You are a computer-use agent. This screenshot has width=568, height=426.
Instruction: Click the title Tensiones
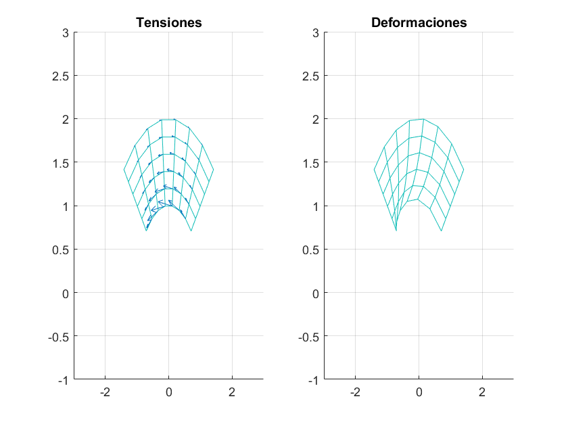pos(168,22)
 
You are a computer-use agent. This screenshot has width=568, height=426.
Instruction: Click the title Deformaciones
pos(419,22)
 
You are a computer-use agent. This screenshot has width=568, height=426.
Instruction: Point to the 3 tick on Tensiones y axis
pos(66,32)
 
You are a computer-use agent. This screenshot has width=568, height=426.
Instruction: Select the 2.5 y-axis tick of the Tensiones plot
pos(61,76)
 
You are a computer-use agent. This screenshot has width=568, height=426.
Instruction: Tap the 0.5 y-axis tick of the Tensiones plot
pos(61,250)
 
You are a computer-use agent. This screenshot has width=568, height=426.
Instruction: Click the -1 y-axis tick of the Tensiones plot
pos(64,380)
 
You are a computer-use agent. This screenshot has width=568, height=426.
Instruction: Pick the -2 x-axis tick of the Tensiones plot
pos(105,392)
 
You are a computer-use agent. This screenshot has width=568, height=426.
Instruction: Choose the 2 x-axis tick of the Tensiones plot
pos(232,392)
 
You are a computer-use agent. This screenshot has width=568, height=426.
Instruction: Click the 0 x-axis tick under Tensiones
pos(168,392)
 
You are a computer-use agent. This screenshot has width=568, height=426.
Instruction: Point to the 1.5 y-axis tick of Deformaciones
pos(311,162)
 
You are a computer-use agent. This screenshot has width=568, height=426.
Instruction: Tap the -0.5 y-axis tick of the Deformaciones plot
pos(309,337)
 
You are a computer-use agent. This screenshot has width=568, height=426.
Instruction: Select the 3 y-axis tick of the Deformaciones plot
pos(316,32)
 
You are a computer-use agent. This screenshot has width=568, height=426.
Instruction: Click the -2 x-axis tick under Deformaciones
pos(355,392)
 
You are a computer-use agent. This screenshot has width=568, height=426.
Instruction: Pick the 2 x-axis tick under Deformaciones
pos(482,392)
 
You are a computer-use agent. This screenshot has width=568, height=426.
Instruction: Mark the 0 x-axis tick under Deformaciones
pos(419,392)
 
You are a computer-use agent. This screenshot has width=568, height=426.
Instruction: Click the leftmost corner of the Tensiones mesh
pos(124,170)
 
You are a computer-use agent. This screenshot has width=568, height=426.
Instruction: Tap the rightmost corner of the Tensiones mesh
pos(214,170)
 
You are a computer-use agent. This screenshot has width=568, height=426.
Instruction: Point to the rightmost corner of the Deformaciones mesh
pos(464,170)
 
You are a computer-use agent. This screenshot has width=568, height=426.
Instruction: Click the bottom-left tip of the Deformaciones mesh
pos(396,231)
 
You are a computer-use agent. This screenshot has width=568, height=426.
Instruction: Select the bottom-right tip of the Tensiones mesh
pos(191,231)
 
